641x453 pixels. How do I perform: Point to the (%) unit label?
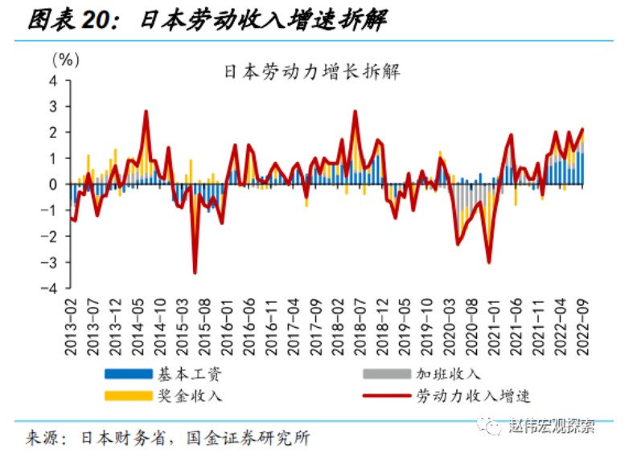click(x=65, y=59)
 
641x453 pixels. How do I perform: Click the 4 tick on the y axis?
click(x=53, y=80)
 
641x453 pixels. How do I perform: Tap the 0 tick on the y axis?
click(x=53, y=184)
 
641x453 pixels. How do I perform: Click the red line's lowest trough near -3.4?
click(x=195, y=273)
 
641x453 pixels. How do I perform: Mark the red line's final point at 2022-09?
click(x=582, y=129)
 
